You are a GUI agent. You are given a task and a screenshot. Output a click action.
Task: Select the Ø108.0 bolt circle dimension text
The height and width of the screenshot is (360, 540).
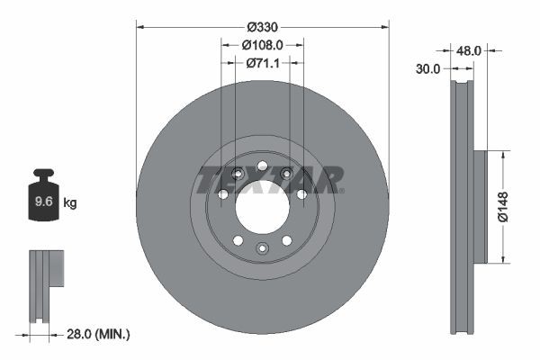click(x=263, y=44)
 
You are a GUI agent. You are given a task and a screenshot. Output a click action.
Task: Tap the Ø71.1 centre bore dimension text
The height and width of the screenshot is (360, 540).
click(x=263, y=63)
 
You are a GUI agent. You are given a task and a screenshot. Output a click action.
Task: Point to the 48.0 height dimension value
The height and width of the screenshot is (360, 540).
click(x=468, y=52)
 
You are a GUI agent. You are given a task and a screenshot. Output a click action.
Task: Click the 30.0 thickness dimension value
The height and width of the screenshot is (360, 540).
click(x=428, y=68)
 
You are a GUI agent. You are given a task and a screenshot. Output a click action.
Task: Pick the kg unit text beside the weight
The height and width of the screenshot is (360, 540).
click(x=70, y=203)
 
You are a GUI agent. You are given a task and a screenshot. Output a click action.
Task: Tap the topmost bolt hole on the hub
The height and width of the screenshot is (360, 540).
click(x=262, y=166)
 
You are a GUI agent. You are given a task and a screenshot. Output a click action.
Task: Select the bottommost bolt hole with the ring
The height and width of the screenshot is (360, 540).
click(x=262, y=248)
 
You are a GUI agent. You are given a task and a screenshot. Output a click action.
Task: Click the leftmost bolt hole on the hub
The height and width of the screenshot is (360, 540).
click(x=222, y=194)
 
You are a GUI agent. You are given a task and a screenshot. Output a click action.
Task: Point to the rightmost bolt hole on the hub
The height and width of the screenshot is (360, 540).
click(x=301, y=193)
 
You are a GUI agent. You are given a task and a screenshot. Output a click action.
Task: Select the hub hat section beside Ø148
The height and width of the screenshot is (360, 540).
click(x=479, y=207)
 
